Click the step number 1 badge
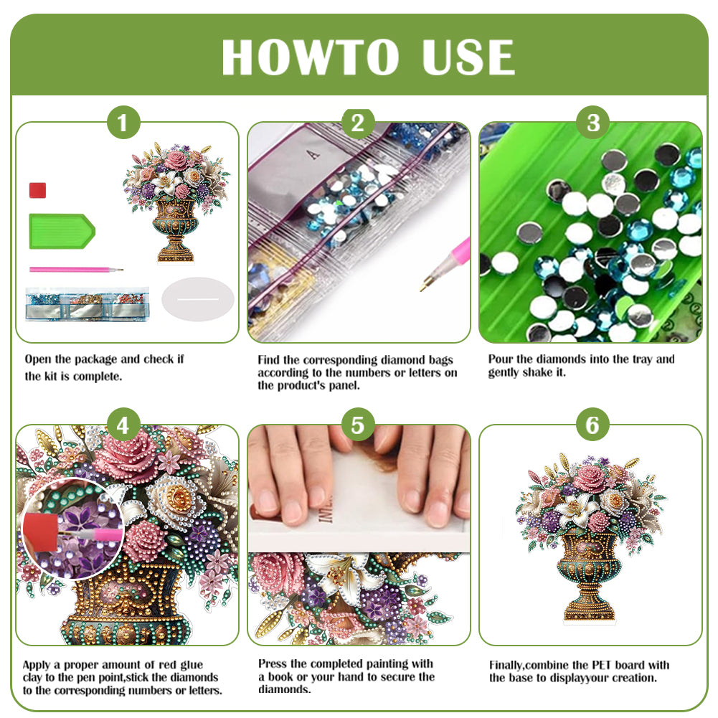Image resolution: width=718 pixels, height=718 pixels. click(123, 123)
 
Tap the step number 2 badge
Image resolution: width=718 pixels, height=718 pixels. click(358, 123)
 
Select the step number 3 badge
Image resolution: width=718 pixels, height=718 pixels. click(592, 123)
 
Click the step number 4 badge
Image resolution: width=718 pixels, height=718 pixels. click(123, 426)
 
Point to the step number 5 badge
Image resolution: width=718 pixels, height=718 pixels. click(358, 426)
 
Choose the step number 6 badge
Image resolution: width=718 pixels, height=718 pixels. click(592, 426)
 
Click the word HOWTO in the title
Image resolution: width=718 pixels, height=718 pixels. click(310, 57)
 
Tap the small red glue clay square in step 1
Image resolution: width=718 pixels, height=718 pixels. click(38, 190)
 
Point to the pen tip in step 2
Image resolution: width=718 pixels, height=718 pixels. click(424, 285)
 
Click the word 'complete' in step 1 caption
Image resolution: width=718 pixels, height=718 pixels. click(100, 376)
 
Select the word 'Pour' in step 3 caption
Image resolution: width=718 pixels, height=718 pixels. click(500, 359)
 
